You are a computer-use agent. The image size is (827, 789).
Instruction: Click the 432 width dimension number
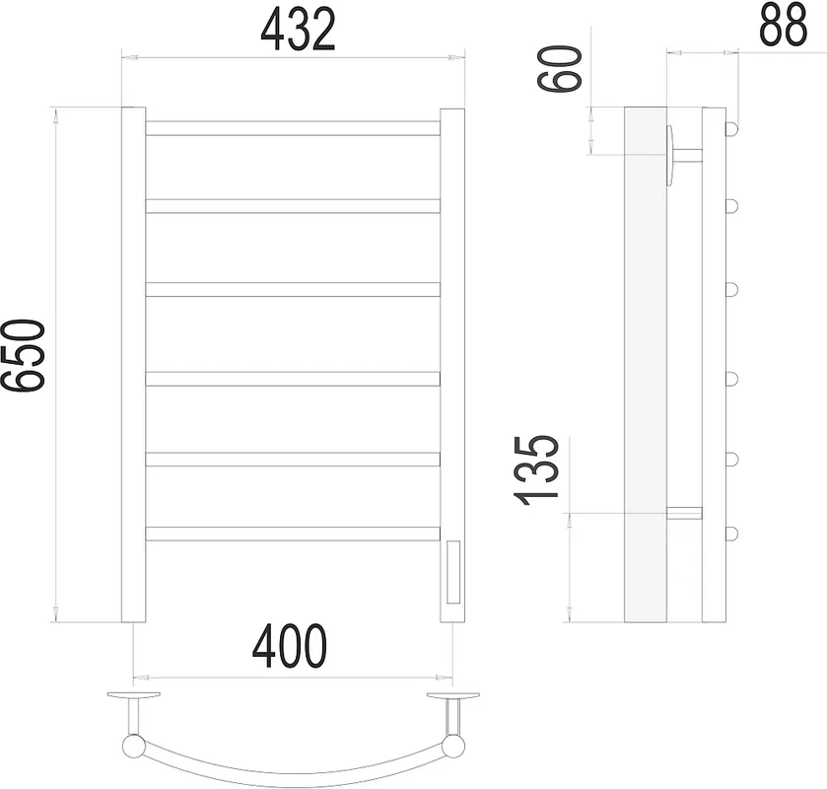click(298, 29)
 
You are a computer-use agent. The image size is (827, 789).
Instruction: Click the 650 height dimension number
click(23, 356)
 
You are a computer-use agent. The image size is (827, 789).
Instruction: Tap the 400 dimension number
click(290, 646)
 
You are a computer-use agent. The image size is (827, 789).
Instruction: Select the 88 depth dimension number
click(784, 25)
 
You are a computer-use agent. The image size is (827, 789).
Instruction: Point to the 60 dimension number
click(559, 68)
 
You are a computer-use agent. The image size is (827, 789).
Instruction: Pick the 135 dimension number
click(536, 470)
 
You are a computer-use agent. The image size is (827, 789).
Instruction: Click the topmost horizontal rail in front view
click(293, 128)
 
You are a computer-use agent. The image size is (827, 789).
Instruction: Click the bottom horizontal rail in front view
click(293, 534)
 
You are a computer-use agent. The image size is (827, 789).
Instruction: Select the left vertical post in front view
click(133, 365)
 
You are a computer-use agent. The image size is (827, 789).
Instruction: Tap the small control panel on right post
click(453, 572)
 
